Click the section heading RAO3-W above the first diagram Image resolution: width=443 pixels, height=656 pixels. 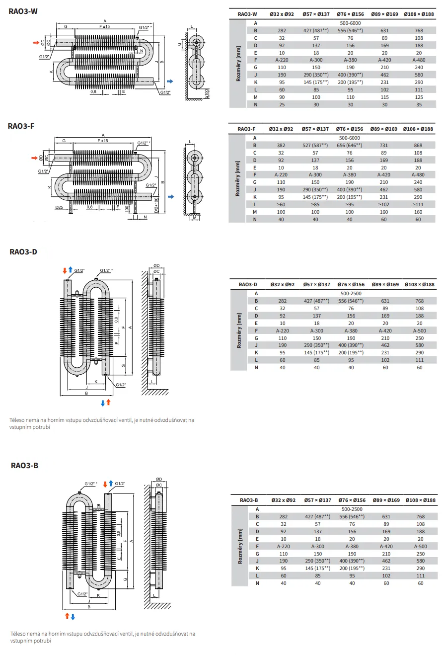(23, 11)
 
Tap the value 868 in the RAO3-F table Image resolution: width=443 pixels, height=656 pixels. (418, 145)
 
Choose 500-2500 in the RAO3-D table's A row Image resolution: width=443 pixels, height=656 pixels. (351, 293)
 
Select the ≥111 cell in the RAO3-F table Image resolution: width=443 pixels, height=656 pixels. (418, 204)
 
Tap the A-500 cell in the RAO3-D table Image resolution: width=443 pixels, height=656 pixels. (420, 330)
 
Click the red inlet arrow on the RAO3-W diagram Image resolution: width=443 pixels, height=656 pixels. (36, 43)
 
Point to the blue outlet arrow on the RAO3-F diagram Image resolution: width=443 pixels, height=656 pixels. (171, 197)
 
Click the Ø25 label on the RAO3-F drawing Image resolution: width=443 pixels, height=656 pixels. (59, 207)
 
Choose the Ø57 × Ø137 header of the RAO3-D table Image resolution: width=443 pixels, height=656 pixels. (317, 285)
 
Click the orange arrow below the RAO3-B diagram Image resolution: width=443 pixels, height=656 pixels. (67, 616)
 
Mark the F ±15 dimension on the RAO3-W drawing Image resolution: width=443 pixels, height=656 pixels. (104, 26)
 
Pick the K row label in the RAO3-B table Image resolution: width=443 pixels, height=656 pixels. (257, 568)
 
